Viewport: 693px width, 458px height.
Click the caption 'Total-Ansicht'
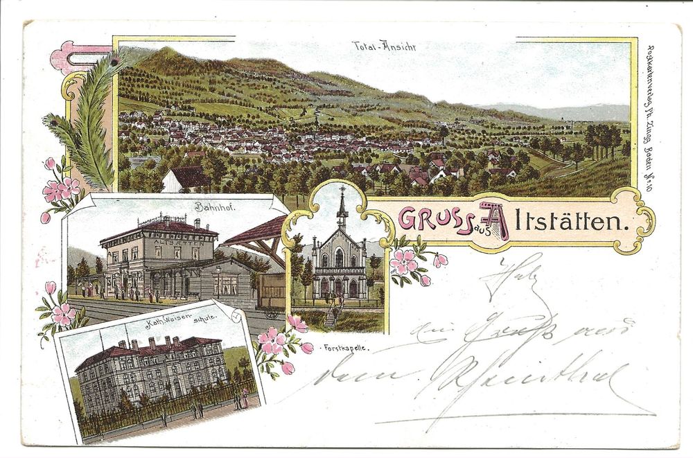pyautogui.click(x=384, y=47)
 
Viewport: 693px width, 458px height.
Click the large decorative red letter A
pyautogui.click(x=494, y=219)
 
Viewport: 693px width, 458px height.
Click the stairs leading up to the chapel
pyautogui.click(x=330, y=316)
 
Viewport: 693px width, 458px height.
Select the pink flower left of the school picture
pyautogui.click(x=63, y=314)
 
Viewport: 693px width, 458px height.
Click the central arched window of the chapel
pyautogui.click(x=340, y=258)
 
